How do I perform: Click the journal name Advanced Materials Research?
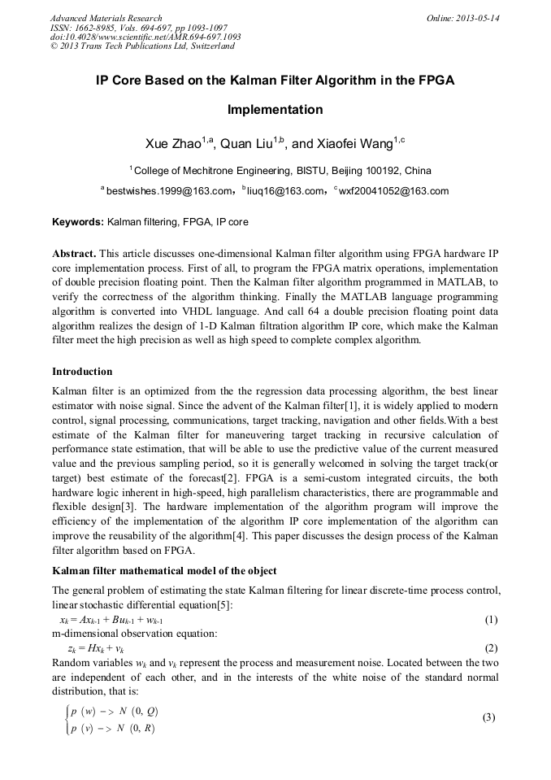pos(106,18)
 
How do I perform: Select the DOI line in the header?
pos(145,37)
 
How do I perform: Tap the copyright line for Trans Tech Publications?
pos(142,46)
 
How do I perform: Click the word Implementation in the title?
pos(275,110)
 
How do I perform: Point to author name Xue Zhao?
pos(173,144)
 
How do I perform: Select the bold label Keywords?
pos(78,221)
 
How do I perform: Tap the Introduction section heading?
pos(82,372)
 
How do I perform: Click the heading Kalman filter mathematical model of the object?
pos(163,570)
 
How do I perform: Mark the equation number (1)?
pos(491,620)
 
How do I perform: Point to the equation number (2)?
pos(491,648)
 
